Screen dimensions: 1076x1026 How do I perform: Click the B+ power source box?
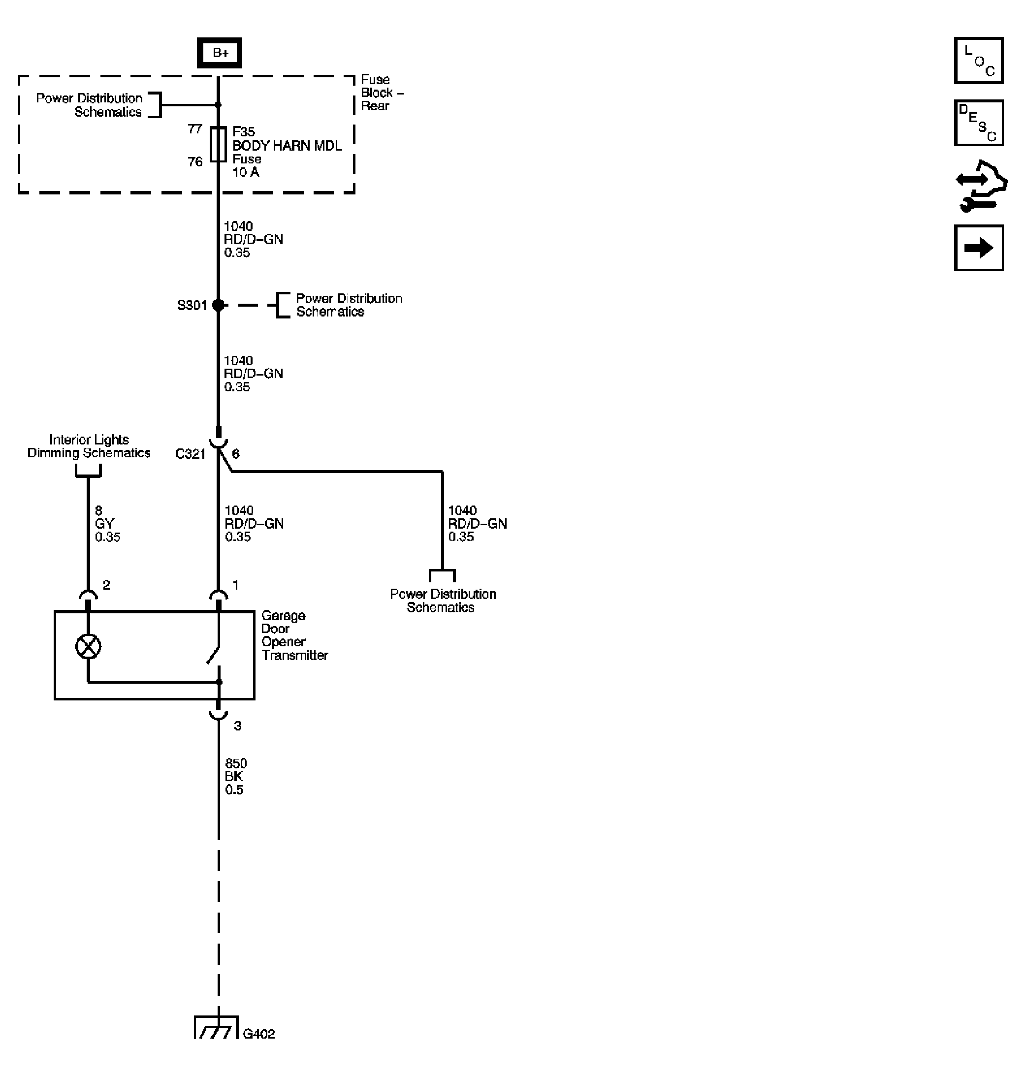click(x=219, y=53)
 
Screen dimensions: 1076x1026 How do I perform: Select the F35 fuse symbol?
click(x=218, y=145)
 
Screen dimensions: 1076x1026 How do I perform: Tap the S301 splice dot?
click(x=218, y=305)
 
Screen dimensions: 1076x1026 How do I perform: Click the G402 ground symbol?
click(x=217, y=1028)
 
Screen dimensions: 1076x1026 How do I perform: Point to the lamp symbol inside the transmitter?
click(x=88, y=647)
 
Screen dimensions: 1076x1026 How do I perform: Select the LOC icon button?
click(x=978, y=61)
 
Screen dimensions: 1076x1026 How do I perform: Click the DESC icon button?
click(x=978, y=123)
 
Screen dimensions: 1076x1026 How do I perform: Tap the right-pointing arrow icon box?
click(x=978, y=248)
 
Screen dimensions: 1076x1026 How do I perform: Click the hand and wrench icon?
click(x=981, y=186)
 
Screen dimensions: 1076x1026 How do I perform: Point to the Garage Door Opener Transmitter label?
click(x=294, y=635)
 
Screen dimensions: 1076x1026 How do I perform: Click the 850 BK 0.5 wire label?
click(x=236, y=776)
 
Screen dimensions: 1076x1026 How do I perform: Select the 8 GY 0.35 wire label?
click(x=107, y=524)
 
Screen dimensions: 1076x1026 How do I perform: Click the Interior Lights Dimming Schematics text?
click(x=89, y=446)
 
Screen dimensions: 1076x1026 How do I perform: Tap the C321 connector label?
click(x=190, y=454)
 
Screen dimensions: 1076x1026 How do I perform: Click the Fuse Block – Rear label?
click(x=381, y=93)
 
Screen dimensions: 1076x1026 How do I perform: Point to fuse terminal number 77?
click(x=194, y=129)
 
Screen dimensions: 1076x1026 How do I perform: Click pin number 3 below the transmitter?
click(x=237, y=726)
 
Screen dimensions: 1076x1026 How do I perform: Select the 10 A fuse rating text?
click(x=246, y=172)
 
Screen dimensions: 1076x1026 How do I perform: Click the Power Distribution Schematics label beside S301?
click(x=349, y=305)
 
